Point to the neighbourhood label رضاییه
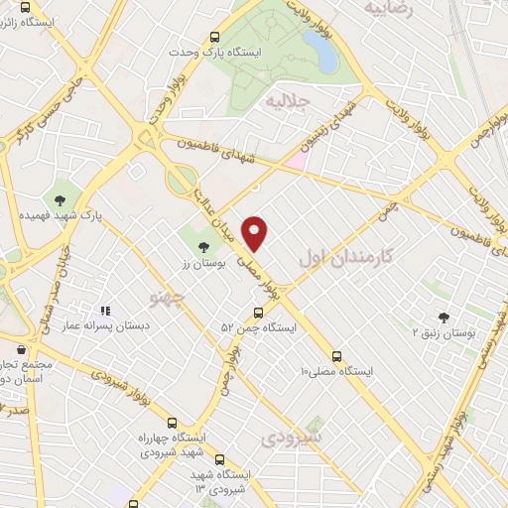[387, 8]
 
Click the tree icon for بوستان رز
[204, 246]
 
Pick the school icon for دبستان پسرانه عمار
[106, 312]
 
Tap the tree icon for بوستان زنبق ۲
[443, 317]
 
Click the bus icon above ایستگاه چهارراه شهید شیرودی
[173, 423]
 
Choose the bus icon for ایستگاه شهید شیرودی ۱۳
[219, 459]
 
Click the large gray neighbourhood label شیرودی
[294, 437]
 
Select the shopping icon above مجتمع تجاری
[22, 348]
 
